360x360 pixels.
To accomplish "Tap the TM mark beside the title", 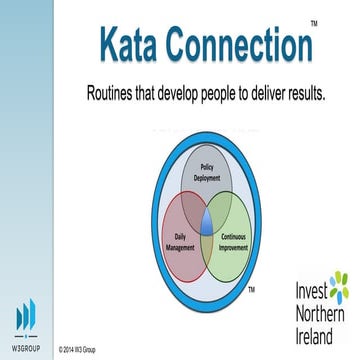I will click(x=314, y=21).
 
